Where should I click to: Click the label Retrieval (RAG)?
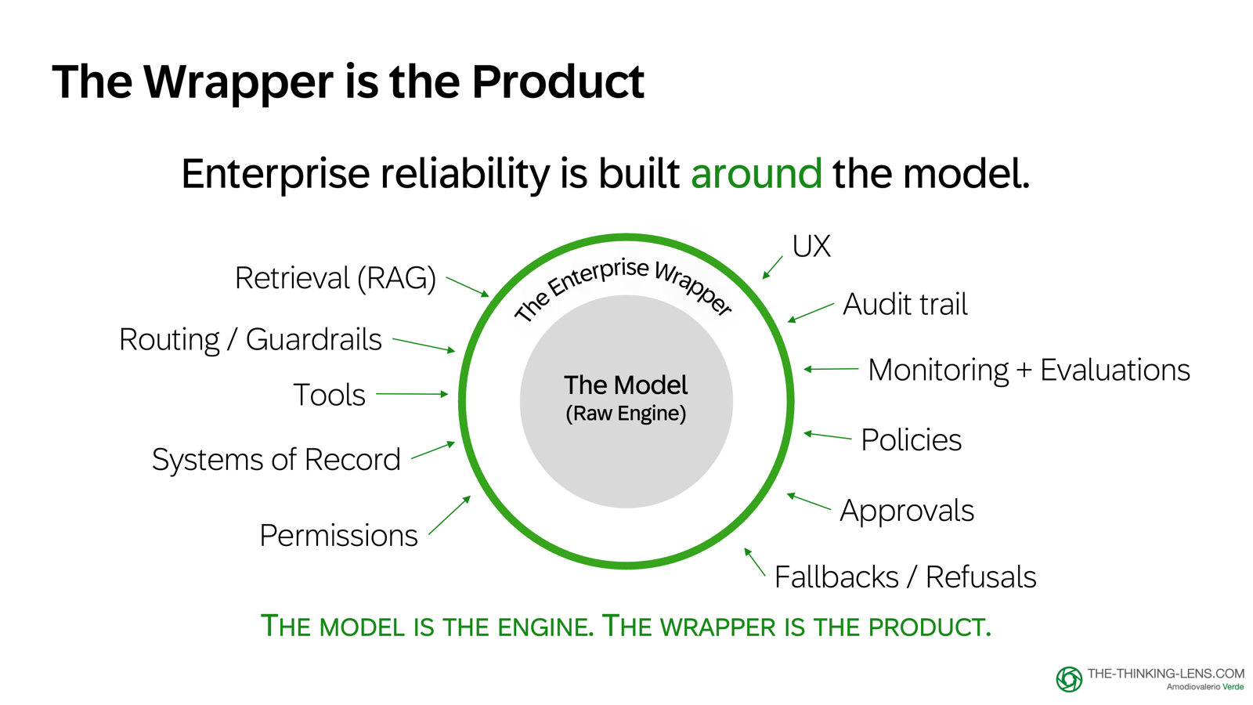pos(335,278)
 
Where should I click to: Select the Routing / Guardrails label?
pos(250,340)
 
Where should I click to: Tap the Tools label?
pos(329,395)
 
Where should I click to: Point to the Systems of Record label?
pos(276,459)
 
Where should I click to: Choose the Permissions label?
pos(338,536)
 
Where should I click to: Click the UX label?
pos(811,247)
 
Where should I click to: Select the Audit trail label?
pos(905,305)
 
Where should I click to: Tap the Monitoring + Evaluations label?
pos(1028,370)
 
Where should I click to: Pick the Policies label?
pos(911,440)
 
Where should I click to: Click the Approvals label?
pos(907,511)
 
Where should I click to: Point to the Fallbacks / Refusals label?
pos(905,577)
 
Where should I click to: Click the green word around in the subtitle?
pos(756,173)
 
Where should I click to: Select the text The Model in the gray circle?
pos(626,385)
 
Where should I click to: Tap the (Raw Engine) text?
pos(626,414)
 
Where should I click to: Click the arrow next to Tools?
pos(412,394)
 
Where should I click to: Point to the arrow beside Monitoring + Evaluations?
pos(832,369)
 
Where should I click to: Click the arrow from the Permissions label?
pos(450,515)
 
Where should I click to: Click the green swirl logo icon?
pos(1069,679)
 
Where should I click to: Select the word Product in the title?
pos(558,81)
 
